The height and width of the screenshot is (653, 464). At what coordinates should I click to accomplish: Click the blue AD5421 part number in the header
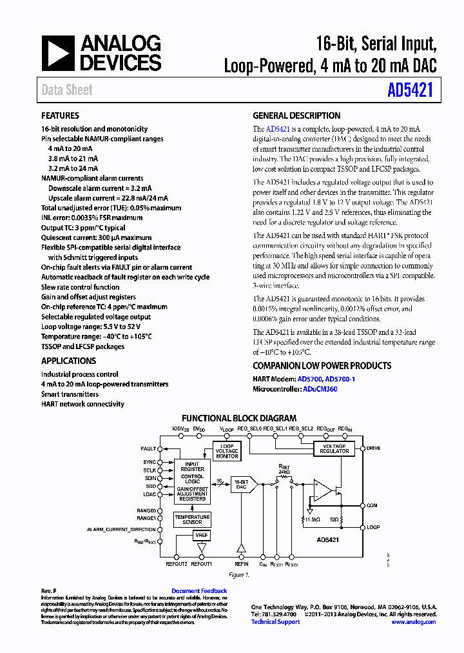pyautogui.click(x=411, y=90)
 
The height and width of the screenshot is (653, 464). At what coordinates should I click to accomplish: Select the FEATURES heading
pyautogui.click(x=60, y=116)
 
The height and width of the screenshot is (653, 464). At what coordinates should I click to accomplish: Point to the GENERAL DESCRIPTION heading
pyautogui.click(x=296, y=116)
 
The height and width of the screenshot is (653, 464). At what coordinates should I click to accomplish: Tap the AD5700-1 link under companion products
pyautogui.click(x=340, y=379)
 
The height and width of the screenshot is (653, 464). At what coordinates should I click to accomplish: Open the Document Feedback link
pyautogui.click(x=199, y=591)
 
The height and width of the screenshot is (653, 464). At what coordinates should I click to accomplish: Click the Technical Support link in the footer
pyautogui.click(x=275, y=622)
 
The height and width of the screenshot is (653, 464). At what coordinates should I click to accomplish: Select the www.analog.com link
pyautogui.click(x=413, y=622)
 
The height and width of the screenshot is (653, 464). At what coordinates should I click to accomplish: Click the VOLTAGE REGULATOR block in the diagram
pyautogui.click(x=334, y=448)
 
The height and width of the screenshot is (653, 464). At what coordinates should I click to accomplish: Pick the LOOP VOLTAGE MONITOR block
pyautogui.click(x=227, y=451)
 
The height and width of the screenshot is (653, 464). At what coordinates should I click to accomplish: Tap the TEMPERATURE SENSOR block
pyautogui.click(x=192, y=519)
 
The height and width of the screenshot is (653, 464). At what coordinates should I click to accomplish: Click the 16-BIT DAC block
pyautogui.click(x=242, y=485)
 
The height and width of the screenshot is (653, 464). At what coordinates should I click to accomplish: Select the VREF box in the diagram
pyautogui.click(x=201, y=536)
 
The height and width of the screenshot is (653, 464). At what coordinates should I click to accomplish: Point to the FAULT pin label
pyautogui.click(x=148, y=448)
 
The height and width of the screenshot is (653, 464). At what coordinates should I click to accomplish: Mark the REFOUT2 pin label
pyautogui.click(x=176, y=564)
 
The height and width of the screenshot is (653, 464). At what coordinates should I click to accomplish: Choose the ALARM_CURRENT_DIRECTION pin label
pyautogui.click(x=122, y=529)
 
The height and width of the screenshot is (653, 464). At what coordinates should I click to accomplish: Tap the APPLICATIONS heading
pyautogui.click(x=68, y=361)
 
